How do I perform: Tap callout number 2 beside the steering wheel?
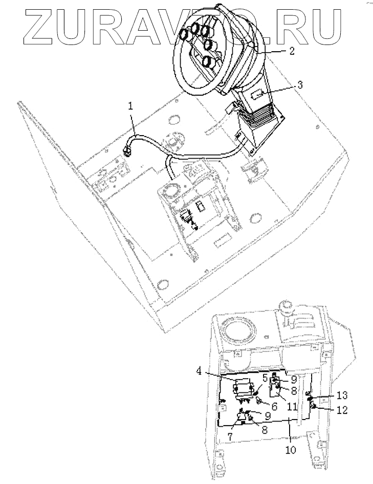coord(292,52)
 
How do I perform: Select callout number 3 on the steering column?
coord(300,85)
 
